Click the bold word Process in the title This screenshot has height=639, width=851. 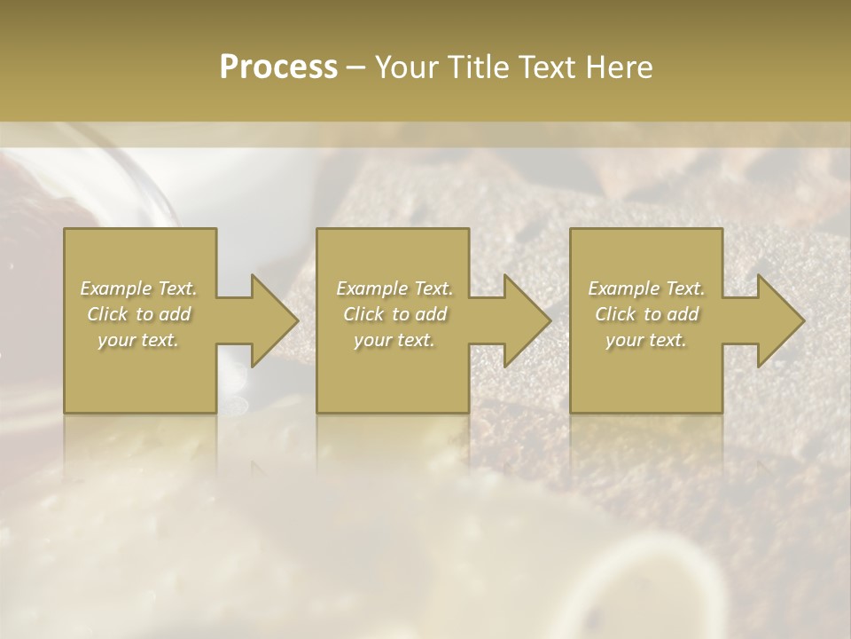[278, 67]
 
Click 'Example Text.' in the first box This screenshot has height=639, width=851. [139, 288]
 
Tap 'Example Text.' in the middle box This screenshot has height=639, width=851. [394, 288]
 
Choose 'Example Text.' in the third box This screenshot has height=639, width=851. [646, 288]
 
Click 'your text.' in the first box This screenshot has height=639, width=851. [138, 340]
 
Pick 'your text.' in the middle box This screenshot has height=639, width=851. [394, 340]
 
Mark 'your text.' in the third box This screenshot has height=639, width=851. [645, 340]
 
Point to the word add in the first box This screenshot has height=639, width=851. [176, 314]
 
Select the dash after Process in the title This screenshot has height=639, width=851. [356, 67]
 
